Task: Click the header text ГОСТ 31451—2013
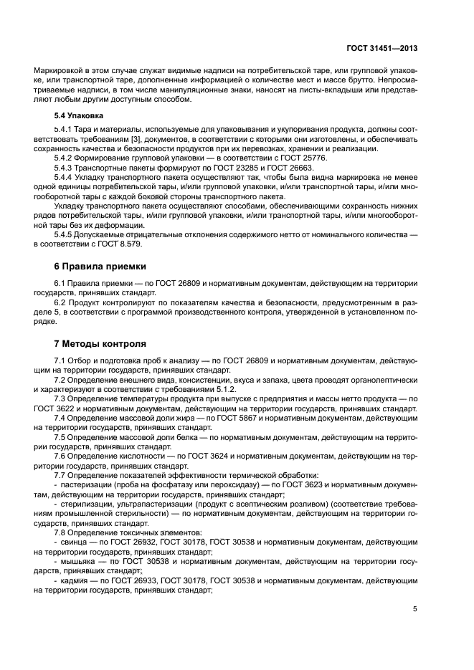[381, 48]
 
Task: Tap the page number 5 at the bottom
[415, 609]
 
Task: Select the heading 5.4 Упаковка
[79, 115]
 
